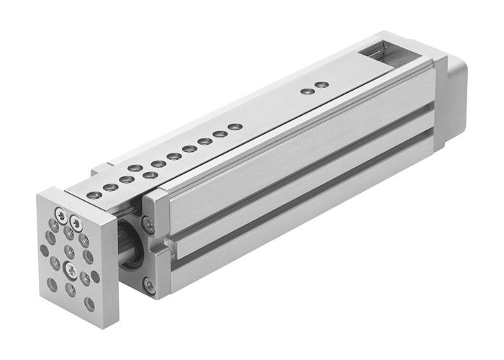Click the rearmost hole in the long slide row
[x=233, y=127]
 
